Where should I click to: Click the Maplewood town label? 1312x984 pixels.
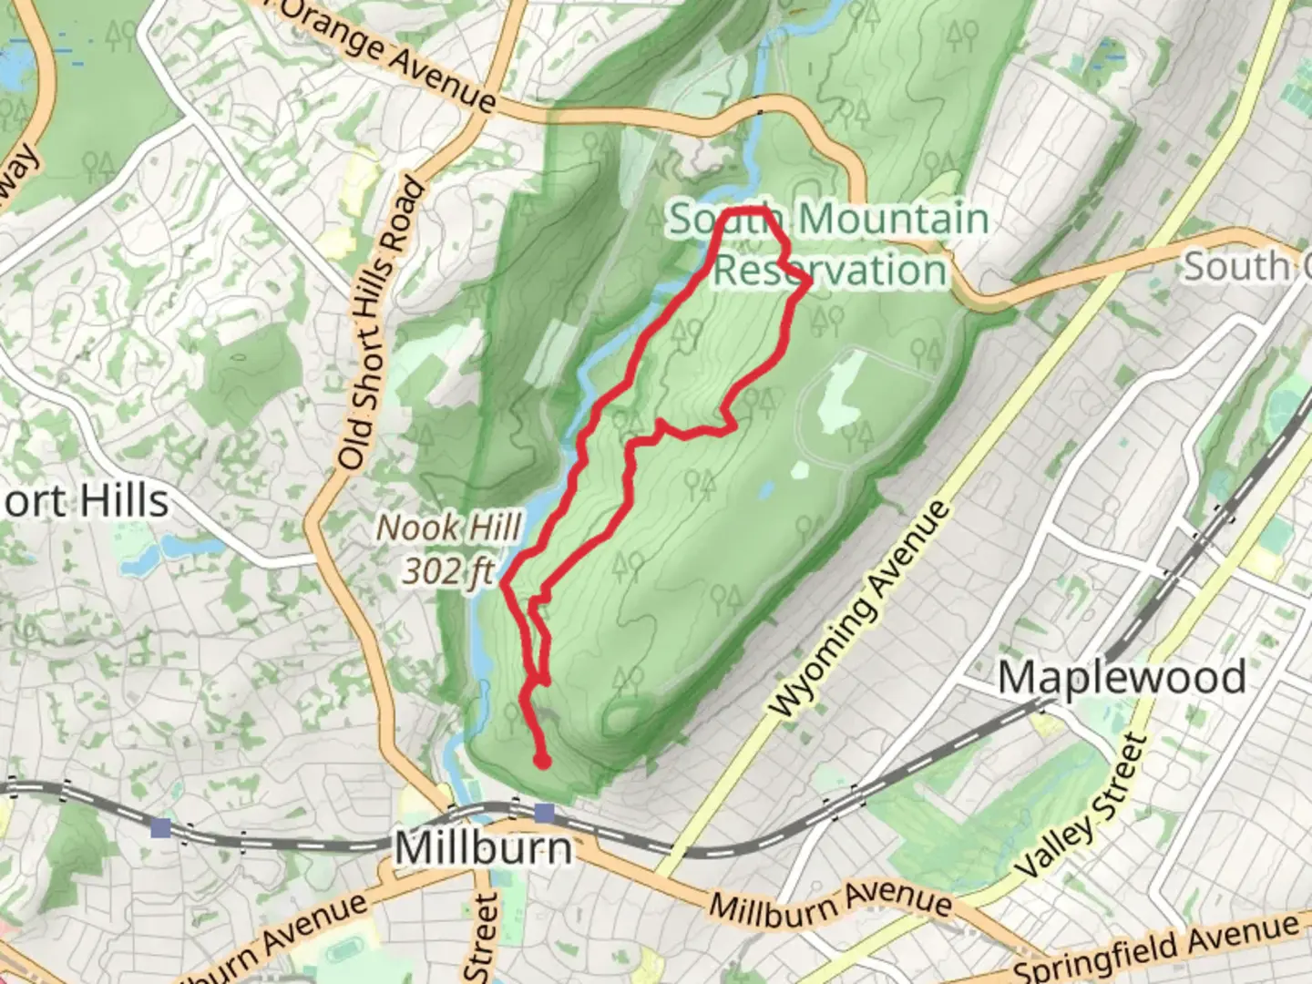1122,679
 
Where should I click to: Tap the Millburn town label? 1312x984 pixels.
484,848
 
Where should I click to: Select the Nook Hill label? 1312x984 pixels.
449,528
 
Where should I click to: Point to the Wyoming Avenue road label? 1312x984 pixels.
858,610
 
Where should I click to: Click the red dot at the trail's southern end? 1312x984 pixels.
543,761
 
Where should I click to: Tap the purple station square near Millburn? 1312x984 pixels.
544,813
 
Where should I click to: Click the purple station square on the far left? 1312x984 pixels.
161,827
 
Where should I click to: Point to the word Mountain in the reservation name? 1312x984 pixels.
893,220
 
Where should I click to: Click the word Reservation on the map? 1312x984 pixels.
830,271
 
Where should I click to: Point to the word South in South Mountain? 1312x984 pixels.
726,220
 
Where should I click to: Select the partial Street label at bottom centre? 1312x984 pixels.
483,938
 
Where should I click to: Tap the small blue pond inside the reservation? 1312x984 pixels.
766,490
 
